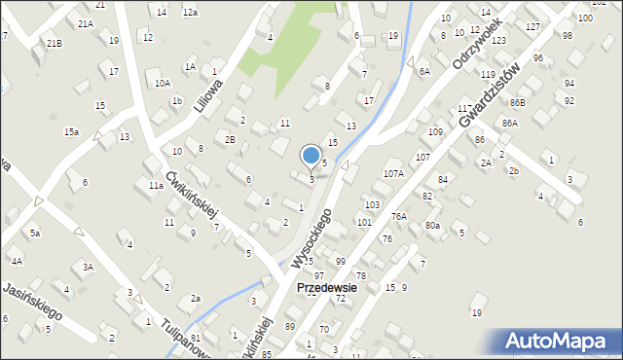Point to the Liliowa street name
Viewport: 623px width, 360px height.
coord(207,95)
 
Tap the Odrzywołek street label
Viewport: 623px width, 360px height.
coord(477,43)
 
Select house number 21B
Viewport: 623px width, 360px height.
coord(54,43)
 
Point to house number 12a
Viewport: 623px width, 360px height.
coord(190,12)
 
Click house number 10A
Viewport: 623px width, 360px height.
coord(163,84)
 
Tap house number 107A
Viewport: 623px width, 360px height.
coord(393,173)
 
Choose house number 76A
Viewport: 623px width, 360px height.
coord(399,216)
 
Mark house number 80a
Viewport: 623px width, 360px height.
coord(432,226)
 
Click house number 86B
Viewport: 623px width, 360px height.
coord(516,102)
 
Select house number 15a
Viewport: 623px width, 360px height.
coord(71,131)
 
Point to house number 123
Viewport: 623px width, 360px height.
coord(498,41)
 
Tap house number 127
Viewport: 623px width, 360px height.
coord(531,26)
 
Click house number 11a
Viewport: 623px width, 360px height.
coord(156,185)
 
